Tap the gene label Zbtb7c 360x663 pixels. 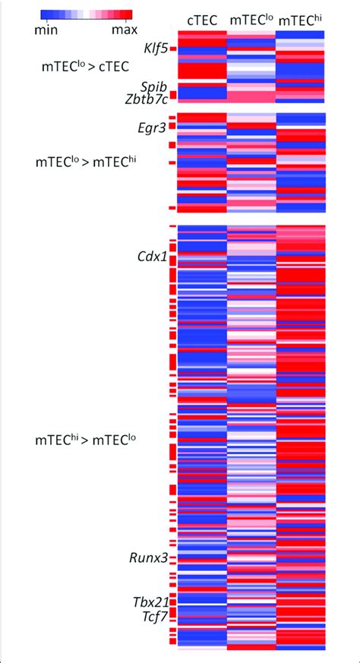146,97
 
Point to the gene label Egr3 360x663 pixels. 152,128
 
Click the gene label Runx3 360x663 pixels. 147,558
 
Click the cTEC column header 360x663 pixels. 201,21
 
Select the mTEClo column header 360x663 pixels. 250,21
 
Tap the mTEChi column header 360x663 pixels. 301,21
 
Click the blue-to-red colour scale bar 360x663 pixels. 86,14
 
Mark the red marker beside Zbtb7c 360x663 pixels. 172,96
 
